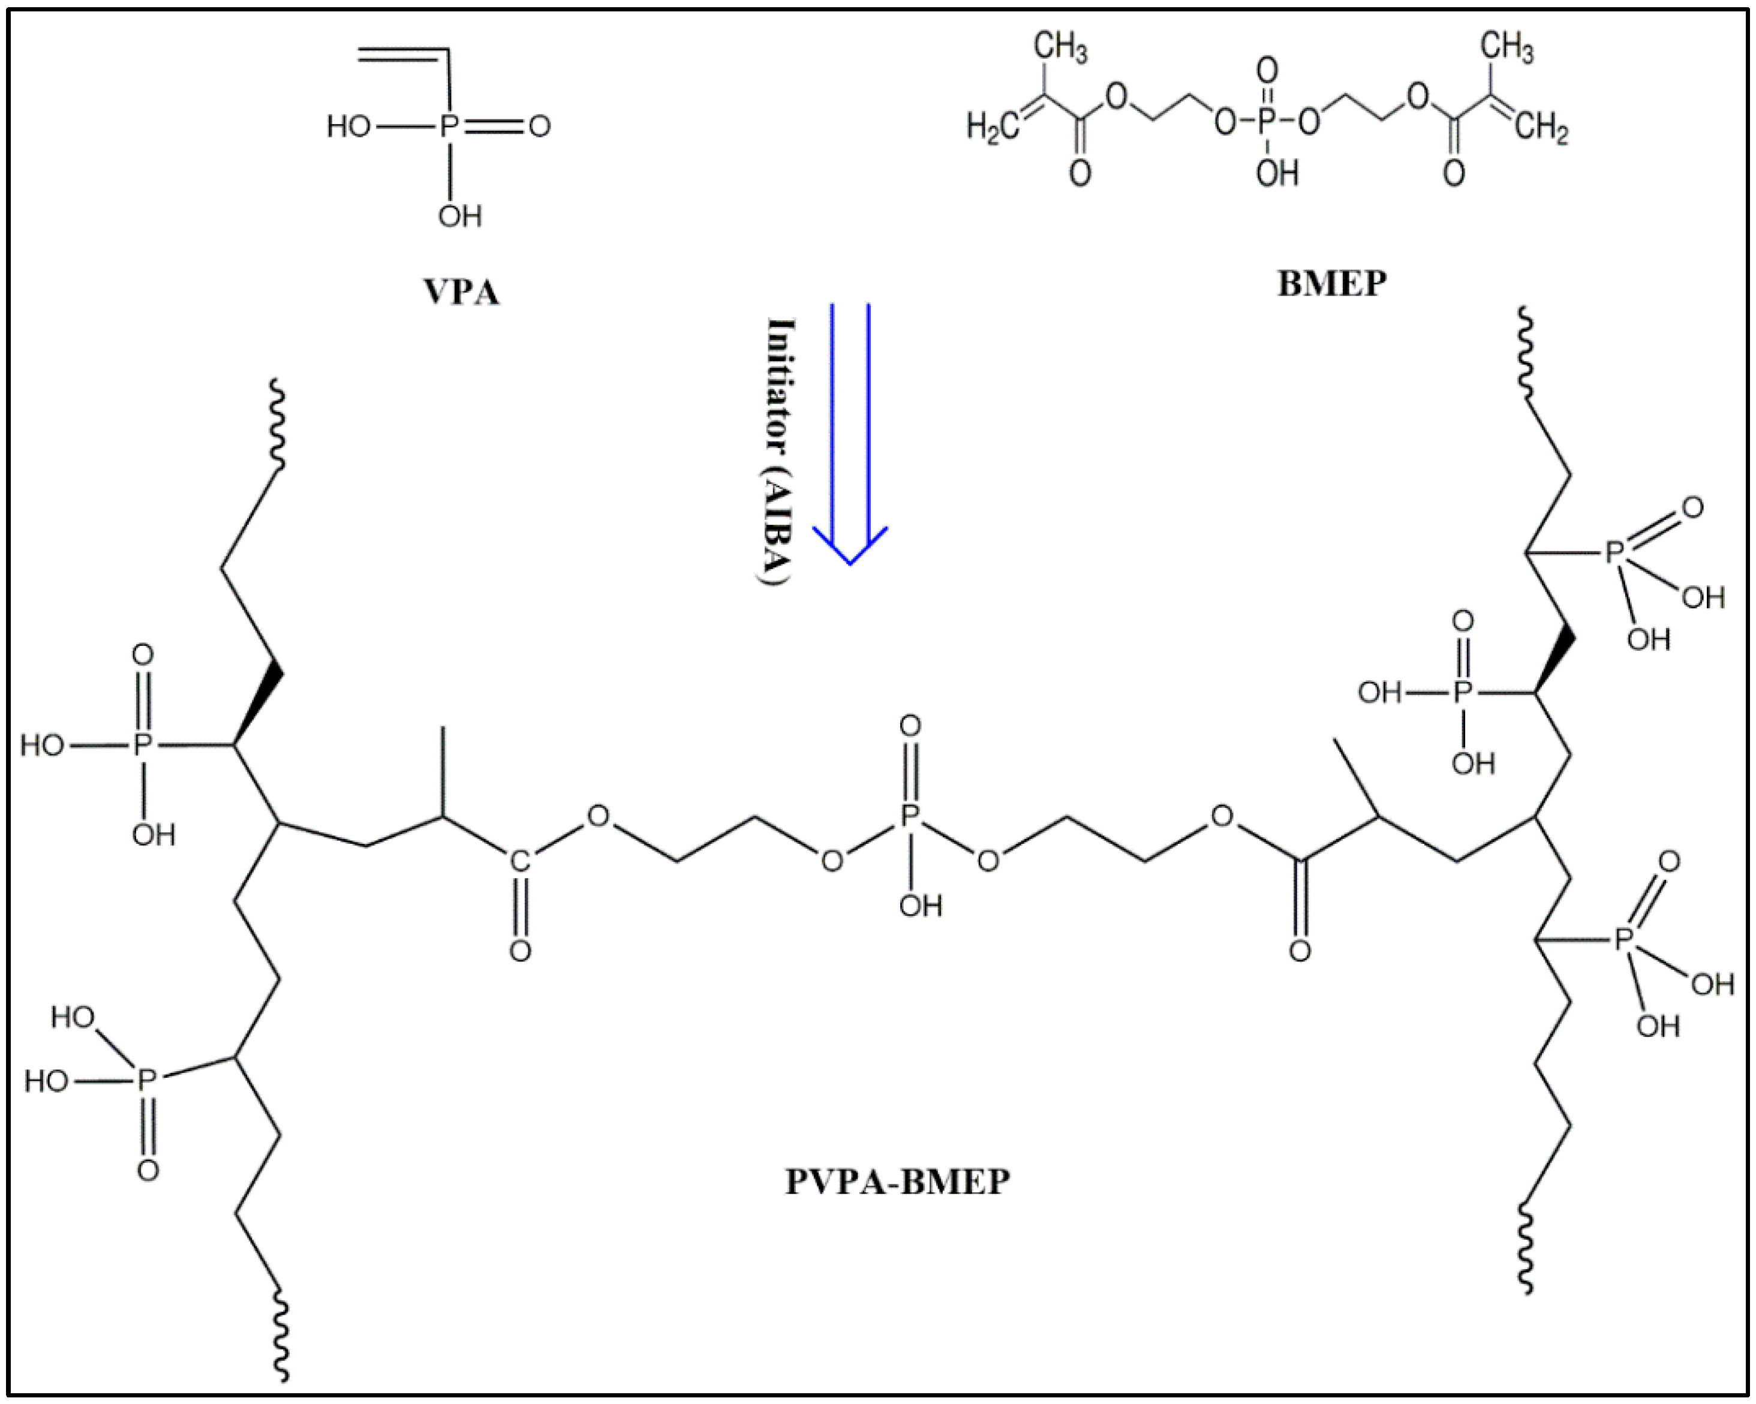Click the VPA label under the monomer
pyautogui.click(x=461, y=291)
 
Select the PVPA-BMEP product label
pyautogui.click(x=897, y=1181)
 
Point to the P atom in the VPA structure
pyautogui.click(x=449, y=126)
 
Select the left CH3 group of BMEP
pyautogui.click(x=1060, y=46)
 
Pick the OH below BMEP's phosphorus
pyautogui.click(x=1276, y=173)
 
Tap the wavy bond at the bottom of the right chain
pyautogui.click(x=1526, y=1246)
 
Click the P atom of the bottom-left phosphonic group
pyautogui.click(x=146, y=1081)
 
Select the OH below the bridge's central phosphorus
pyautogui.click(x=921, y=906)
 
